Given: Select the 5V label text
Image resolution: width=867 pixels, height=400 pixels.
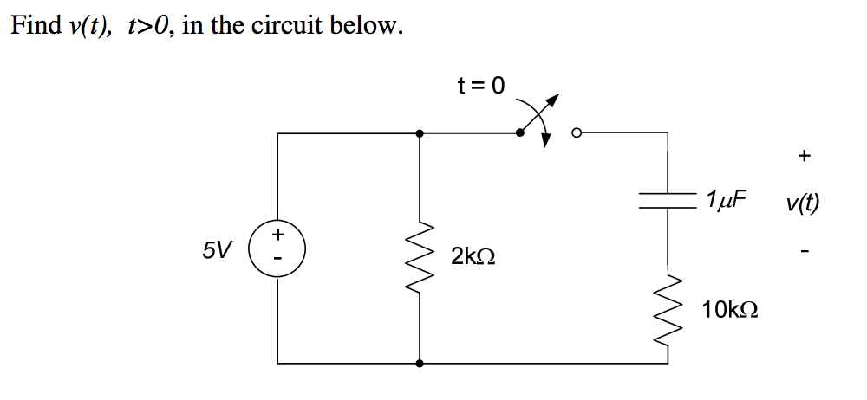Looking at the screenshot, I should (217, 251).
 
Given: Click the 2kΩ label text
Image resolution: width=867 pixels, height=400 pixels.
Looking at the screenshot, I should (473, 256).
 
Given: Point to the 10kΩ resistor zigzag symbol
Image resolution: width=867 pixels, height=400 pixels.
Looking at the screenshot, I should (668, 309).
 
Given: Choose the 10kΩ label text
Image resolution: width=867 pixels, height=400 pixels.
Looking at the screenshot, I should (731, 309).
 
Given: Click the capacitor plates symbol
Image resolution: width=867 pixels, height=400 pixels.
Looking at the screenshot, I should (668, 201).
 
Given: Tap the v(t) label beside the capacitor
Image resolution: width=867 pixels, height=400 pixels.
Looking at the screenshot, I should (803, 204).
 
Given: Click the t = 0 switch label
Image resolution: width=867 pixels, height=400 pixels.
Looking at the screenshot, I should (479, 85).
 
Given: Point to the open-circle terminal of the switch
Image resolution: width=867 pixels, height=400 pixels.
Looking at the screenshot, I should (576, 133).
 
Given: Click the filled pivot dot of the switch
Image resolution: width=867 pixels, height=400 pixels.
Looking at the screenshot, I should (520, 133).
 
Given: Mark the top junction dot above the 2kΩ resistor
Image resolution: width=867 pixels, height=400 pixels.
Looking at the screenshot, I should (420, 133).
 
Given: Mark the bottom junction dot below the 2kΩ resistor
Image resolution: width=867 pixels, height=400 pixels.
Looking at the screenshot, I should (420, 364).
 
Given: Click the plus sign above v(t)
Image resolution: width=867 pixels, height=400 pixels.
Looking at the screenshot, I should (804, 156).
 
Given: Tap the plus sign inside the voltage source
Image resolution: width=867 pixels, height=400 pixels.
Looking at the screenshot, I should (278, 234).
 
